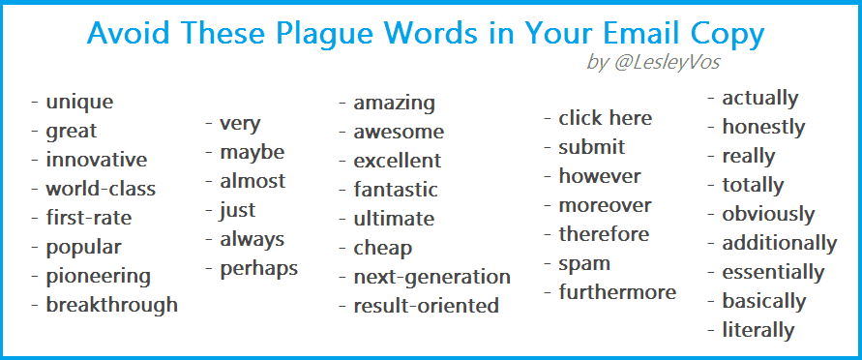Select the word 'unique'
pos(79,102)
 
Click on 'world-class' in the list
pos(101,189)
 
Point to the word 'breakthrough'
pos(111,305)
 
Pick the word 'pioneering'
pos(98,276)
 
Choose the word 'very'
pos(240,124)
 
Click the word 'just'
pos(237,210)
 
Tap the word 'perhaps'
pos(259,269)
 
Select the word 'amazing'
pos(394,104)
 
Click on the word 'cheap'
pos(382,248)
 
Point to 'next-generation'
pos(432,277)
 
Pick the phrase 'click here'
pos(606,118)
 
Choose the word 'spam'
pos(584,264)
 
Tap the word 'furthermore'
pos(617,292)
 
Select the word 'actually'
pos(759,99)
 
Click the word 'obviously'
pos(768,214)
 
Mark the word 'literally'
pos(758,330)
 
